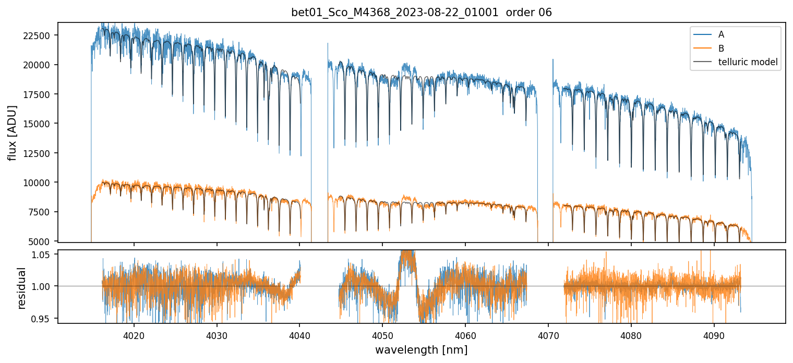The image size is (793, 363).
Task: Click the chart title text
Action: [422, 13]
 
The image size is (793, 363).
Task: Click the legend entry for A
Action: [721, 34]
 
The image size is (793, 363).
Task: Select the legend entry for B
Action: [721, 49]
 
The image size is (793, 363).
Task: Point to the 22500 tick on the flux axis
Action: [41, 35]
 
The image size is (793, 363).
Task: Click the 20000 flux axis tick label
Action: [41, 65]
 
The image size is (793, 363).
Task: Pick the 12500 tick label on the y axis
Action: [41, 153]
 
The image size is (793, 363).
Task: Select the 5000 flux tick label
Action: [43, 241]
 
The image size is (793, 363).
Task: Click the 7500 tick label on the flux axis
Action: [43, 212]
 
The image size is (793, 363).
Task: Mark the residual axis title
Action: [22, 287]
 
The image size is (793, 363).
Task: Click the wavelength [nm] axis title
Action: [422, 349]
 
